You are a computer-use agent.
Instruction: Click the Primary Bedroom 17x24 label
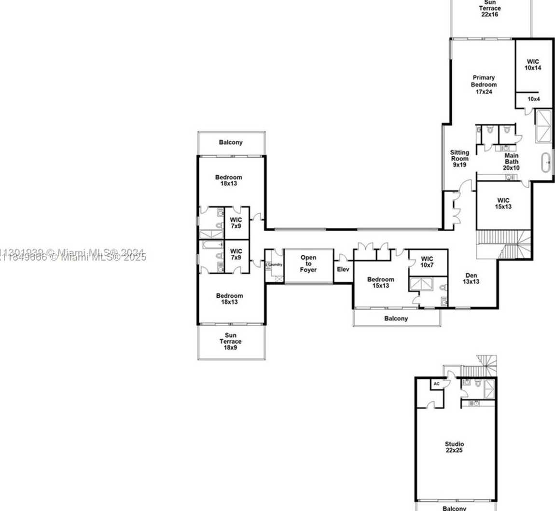coord(484,84)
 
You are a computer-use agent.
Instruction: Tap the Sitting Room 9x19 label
coord(459,158)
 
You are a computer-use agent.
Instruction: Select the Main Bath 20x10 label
coord(511,162)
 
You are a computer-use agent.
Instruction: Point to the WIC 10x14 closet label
coord(533,65)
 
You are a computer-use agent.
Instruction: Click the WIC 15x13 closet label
coord(503,204)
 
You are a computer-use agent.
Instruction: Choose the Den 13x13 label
coord(471,278)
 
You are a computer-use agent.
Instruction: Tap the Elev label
coord(343,269)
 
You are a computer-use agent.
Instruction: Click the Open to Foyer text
coord(308,263)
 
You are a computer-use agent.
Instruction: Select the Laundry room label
coord(275,264)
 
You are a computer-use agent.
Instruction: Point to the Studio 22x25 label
coord(455,447)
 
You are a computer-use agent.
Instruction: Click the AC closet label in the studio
coord(436,384)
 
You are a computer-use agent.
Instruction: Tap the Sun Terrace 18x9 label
coord(231,341)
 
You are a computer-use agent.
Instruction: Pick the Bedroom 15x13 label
coord(380,282)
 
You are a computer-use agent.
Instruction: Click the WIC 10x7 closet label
coord(427,262)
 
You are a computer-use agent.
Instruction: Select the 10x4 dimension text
coord(533,99)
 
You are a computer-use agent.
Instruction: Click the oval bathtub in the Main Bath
coord(546,163)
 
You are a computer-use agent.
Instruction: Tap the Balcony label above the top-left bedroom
coord(231,142)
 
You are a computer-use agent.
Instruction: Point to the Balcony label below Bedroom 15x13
coord(396,318)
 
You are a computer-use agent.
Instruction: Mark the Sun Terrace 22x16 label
coord(490,8)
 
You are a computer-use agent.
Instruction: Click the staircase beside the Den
coord(504,244)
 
